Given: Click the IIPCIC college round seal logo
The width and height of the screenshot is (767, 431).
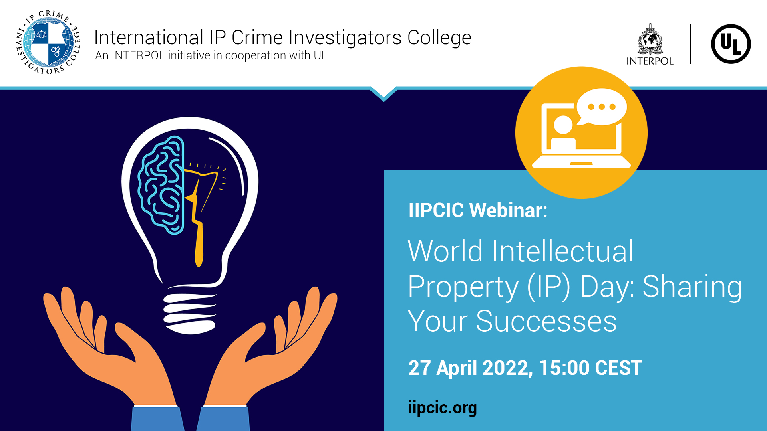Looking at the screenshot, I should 48,43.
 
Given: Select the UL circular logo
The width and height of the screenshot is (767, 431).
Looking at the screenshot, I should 731,44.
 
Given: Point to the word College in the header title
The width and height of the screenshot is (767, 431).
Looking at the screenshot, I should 439,38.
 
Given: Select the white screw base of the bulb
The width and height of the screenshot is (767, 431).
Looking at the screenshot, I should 190,313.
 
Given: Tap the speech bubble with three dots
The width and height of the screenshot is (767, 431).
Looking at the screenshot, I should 602,107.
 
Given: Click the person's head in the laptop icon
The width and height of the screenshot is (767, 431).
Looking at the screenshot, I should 563,125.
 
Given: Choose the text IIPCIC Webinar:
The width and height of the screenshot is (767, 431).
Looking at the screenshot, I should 478,210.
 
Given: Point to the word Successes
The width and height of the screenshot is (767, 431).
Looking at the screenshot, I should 546,321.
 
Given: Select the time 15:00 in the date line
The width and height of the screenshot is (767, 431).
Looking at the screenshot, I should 564,368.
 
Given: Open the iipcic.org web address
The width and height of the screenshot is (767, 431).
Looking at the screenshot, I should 442,408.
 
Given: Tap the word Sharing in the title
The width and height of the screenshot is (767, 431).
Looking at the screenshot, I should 692,287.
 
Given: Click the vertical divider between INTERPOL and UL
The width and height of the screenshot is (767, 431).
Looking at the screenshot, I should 690,44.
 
